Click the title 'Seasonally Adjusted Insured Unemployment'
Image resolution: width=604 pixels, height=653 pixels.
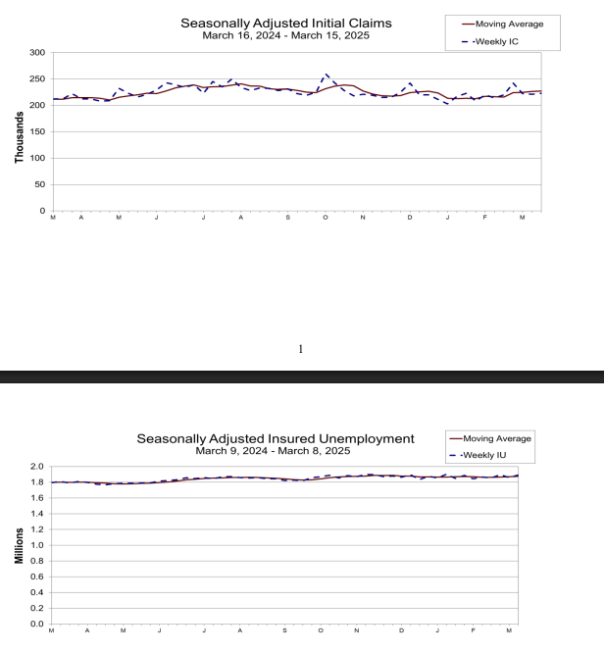(x=276, y=438)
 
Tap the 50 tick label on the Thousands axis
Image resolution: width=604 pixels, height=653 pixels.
(x=40, y=184)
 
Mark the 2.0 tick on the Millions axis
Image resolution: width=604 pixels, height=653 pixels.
(x=37, y=467)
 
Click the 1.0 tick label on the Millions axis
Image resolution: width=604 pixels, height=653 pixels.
(x=37, y=545)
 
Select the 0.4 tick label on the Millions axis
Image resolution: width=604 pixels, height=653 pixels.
(x=37, y=592)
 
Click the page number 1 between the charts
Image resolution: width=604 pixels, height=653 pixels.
(x=300, y=349)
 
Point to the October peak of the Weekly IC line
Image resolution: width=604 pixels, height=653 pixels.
(x=326, y=74)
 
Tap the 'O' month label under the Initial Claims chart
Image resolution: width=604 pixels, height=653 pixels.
(x=326, y=218)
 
